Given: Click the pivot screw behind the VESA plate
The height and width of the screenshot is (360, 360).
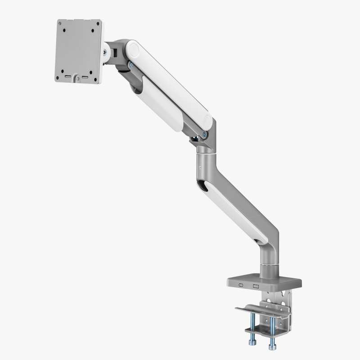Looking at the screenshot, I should click(106, 53).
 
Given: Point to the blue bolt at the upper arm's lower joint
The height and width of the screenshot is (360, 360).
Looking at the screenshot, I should click(205, 134).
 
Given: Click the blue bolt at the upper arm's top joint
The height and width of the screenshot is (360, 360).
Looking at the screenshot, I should click(130, 65).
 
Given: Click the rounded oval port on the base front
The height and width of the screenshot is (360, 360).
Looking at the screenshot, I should click(242, 285).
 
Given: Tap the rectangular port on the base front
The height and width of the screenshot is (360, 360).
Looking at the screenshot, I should click(256, 286).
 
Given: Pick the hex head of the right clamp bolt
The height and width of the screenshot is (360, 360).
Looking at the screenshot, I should click(271, 347).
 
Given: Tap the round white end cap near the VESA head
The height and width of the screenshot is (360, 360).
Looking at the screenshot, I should click(133, 49).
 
